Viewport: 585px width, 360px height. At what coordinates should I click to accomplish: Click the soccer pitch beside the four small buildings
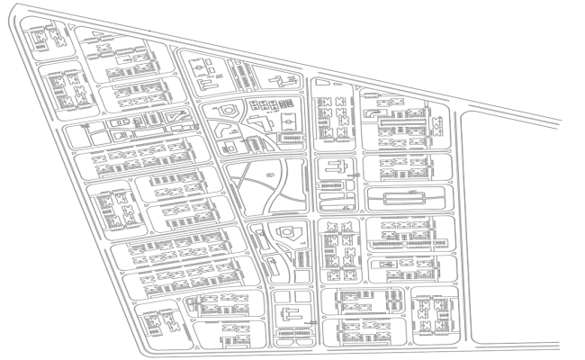coord(288,120)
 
